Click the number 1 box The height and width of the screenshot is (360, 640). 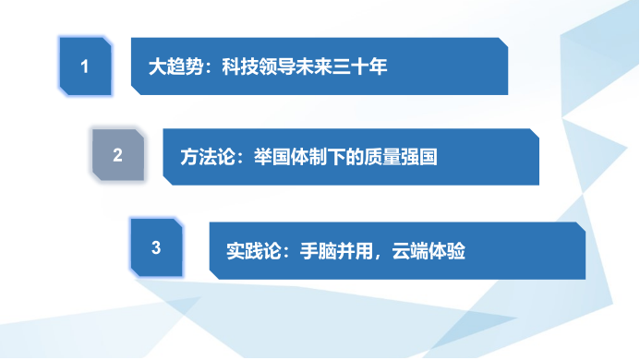pyautogui.click(x=85, y=66)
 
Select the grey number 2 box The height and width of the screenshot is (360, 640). pyautogui.click(x=117, y=157)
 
